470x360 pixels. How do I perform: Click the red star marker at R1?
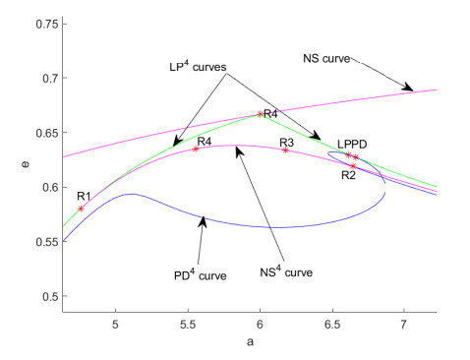click(81, 209)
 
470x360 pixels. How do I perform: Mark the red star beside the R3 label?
click(285, 150)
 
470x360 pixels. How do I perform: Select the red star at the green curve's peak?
click(260, 114)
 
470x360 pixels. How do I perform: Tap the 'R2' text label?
click(348, 175)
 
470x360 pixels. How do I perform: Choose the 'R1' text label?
click(84, 196)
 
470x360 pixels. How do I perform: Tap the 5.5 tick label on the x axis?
click(188, 322)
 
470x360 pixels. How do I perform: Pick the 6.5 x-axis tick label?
click(331, 322)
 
